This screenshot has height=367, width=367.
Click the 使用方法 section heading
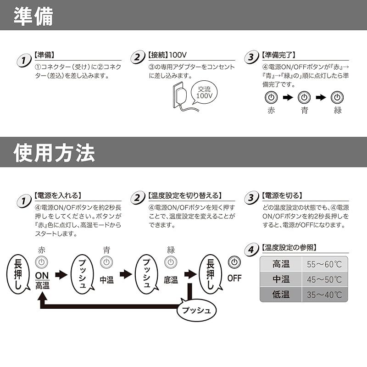click(54, 152)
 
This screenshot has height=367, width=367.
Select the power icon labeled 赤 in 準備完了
click(271, 97)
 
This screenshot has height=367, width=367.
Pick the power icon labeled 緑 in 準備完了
click(338, 97)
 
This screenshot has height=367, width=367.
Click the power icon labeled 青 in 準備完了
click(304, 97)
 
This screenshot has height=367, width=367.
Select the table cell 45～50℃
click(324, 279)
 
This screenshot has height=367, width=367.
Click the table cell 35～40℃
click(324, 294)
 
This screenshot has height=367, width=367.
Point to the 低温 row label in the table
click(281, 294)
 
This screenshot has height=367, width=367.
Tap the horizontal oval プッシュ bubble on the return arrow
click(196, 310)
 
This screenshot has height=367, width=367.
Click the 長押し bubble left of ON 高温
click(18, 273)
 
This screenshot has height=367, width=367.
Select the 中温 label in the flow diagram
click(106, 280)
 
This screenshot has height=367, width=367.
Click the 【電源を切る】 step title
click(282, 195)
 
